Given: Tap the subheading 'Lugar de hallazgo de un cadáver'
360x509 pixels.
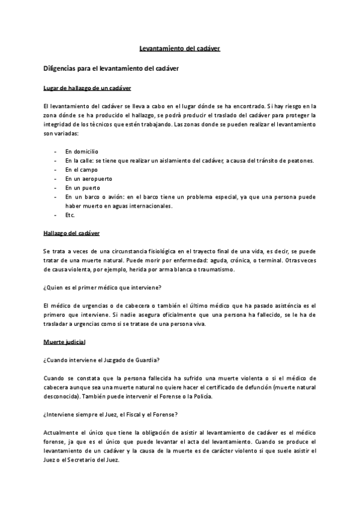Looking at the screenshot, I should [87, 88].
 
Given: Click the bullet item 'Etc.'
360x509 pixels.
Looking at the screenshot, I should [70, 215].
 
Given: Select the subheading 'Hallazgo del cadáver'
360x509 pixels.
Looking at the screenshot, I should [71, 233].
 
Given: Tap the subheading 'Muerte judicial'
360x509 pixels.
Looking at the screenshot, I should [64, 342].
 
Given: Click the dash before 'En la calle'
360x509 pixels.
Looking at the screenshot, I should [55, 160].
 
